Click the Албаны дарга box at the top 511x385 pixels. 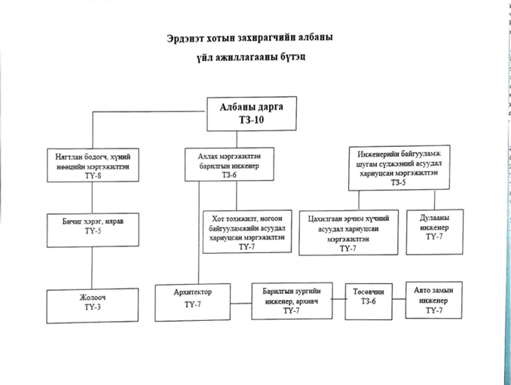coord(252,114)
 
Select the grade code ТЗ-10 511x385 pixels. coord(251,120)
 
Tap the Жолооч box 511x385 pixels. coord(93,306)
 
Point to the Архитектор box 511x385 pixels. coord(193,302)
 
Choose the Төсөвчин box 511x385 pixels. coord(369,301)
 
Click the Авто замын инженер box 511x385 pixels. coord(434,300)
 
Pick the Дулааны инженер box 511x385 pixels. coord(434,232)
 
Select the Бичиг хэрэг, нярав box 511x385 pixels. coord(93,230)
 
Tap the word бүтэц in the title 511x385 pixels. coord(292,57)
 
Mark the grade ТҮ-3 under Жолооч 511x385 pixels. coord(93,307)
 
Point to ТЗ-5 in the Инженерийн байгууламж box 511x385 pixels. coord(398,182)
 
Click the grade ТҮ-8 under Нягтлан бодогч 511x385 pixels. coord(93,176)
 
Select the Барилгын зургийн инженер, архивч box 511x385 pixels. coord(292,301)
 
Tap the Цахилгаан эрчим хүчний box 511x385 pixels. coord(348,232)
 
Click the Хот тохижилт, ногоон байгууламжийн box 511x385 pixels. coord(247,231)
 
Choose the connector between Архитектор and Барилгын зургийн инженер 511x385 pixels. coord(241,303)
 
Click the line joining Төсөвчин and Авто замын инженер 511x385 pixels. coord(399,299)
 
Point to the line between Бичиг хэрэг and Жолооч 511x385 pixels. coord(92,267)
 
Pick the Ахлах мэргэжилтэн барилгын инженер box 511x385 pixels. coord(229,164)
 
